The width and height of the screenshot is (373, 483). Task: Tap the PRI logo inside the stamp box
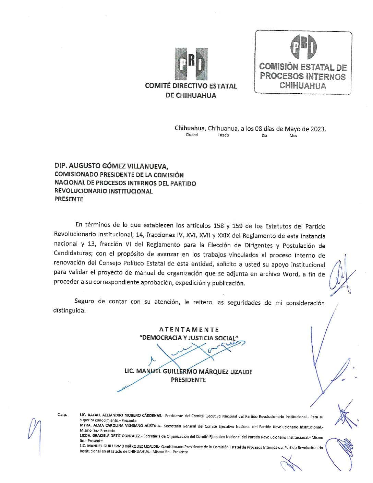click(303, 47)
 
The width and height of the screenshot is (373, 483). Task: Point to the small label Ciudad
click(192, 135)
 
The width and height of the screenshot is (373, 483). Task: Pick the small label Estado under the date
click(223, 135)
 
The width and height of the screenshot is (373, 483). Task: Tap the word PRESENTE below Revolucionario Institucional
click(69, 199)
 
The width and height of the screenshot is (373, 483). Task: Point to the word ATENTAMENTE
click(189, 330)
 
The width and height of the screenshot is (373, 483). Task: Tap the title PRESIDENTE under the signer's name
click(189, 380)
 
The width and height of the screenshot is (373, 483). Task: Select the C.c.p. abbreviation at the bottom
click(63, 415)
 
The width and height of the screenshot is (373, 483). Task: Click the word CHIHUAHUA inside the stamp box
click(302, 85)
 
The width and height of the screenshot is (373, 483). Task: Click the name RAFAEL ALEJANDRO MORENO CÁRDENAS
click(124, 415)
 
